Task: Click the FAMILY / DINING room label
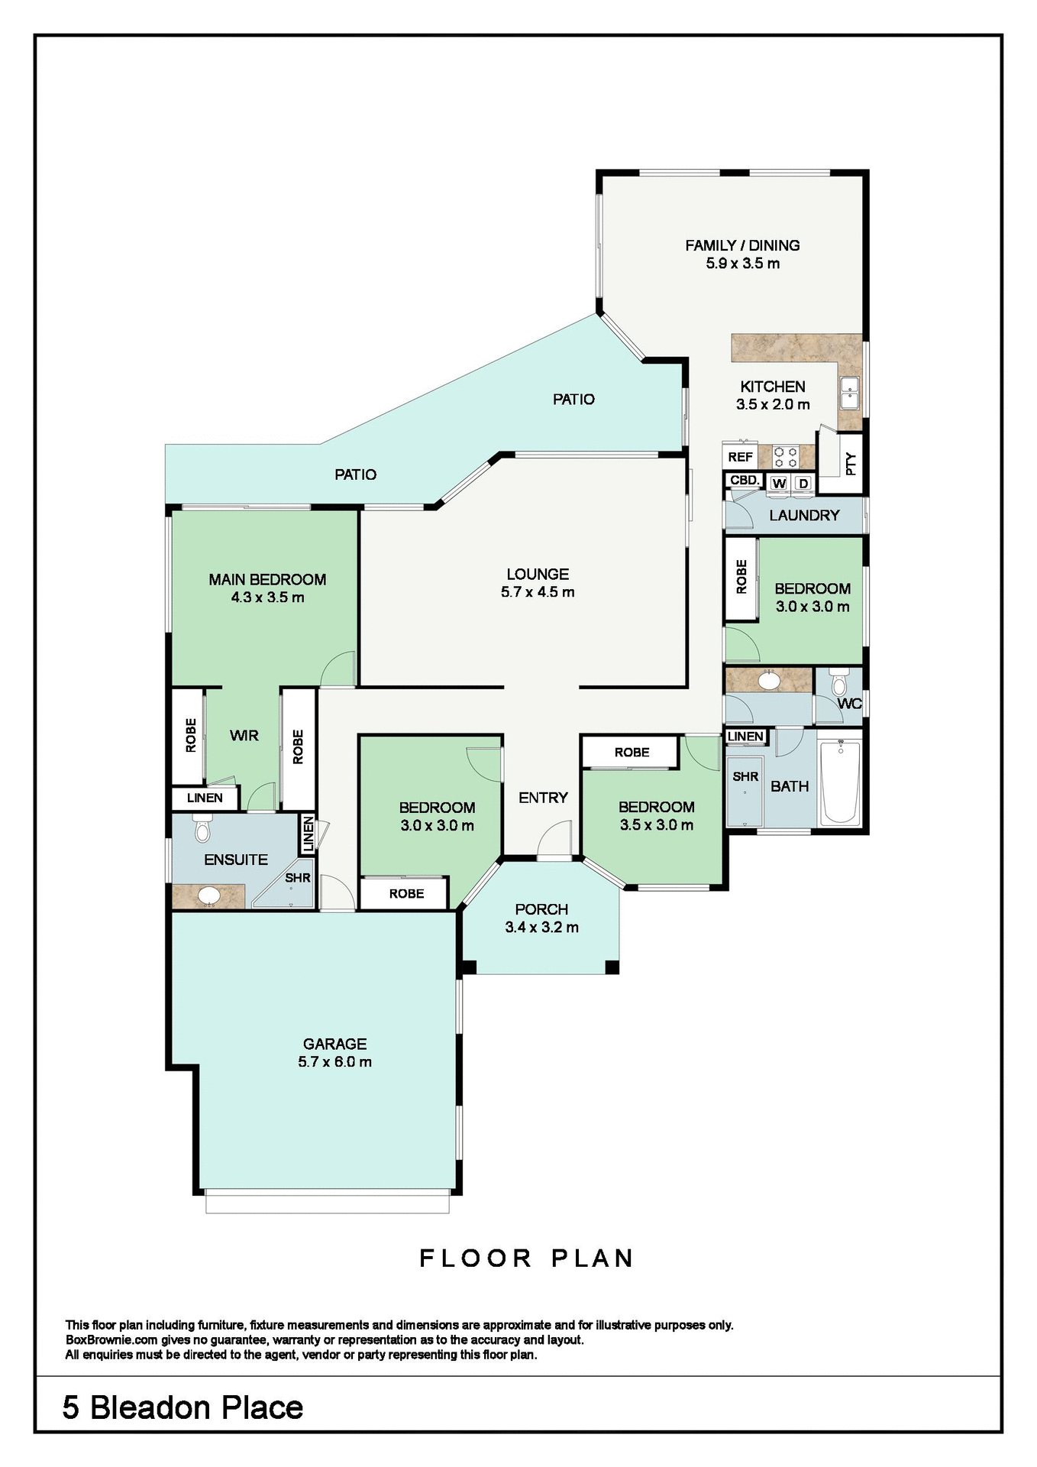pos(742,245)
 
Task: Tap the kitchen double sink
pos(849,393)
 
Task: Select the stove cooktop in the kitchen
pos(786,457)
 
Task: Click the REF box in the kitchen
pos(740,457)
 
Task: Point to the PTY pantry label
pos(851,463)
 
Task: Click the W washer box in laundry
pos(779,484)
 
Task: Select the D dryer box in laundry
pos(803,484)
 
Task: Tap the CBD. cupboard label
pos(744,480)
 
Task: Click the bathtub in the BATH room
pos(840,781)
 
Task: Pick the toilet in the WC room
pos(839,682)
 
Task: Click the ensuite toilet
pos(202,828)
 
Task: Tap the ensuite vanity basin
pos(208,895)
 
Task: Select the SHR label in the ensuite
pos(298,878)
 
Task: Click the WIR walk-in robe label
pos(244,735)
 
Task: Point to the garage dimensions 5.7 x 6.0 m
pos(334,1061)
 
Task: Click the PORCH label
pos(541,909)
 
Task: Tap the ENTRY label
pos(543,798)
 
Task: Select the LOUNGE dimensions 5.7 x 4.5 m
pos(538,591)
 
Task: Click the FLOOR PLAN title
pos(526,1258)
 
